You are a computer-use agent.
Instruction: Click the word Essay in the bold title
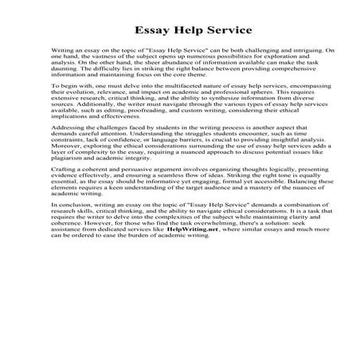tap(151, 32)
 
